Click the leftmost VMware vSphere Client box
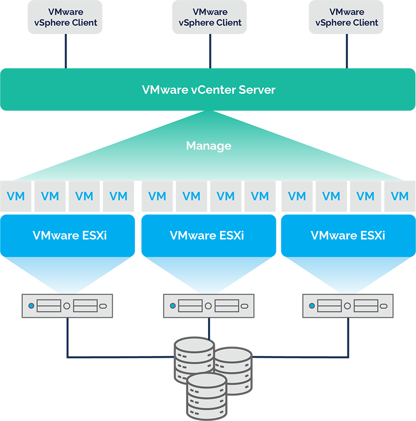(x=65, y=17)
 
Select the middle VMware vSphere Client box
(x=210, y=17)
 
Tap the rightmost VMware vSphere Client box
(x=347, y=17)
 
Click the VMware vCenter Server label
(x=209, y=90)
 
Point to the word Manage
(x=209, y=146)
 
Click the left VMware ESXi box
(x=67, y=235)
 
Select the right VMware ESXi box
(x=348, y=235)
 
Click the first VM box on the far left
(x=16, y=196)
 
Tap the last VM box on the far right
(x=400, y=196)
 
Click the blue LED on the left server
(x=31, y=306)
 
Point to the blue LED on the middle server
(x=173, y=306)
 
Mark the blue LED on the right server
(x=312, y=306)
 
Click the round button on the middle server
(x=208, y=306)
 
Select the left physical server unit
(x=67, y=306)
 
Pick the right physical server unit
(x=348, y=306)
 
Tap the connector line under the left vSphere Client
(x=65, y=51)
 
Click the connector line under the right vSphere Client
(x=347, y=51)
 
